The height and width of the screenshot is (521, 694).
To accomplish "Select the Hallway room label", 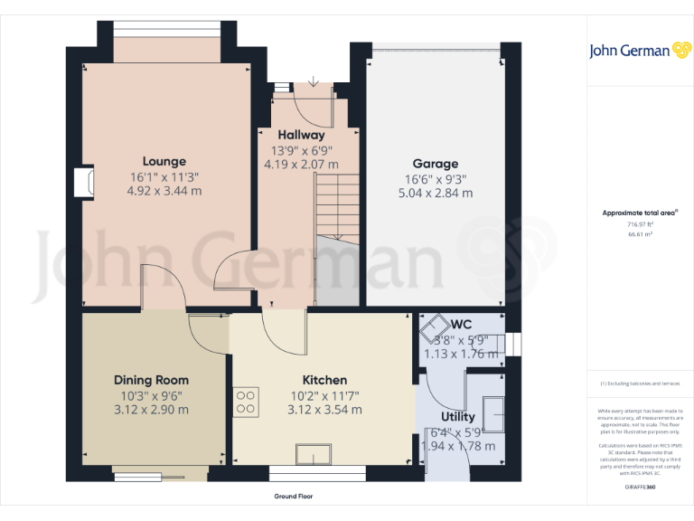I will (301, 135).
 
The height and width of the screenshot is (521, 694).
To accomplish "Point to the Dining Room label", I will (151, 380).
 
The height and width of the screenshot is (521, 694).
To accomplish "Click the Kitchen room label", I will (324, 380).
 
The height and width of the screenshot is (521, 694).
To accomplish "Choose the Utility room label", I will (458, 417).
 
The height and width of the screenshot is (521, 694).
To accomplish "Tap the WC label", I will (462, 324).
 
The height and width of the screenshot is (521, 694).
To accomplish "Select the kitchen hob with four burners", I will (246, 401).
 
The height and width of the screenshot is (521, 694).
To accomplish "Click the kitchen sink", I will (317, 453).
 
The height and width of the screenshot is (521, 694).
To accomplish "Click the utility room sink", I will (496, 412).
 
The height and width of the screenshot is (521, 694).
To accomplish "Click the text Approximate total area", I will (640, 213).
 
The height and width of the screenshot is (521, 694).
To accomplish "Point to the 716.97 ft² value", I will (640, 224).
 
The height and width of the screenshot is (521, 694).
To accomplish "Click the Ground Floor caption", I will (294, 497).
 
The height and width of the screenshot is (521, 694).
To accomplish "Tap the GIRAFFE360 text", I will (640, 488).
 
